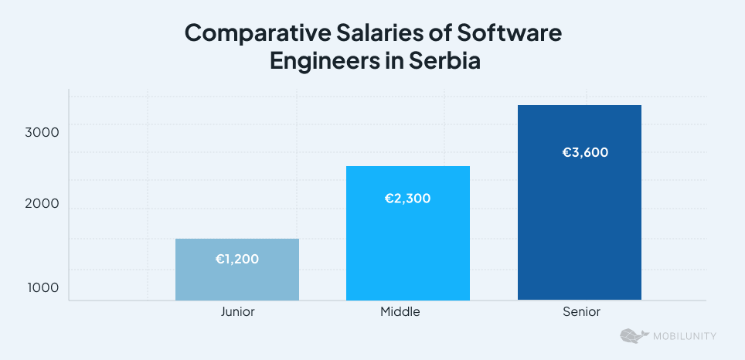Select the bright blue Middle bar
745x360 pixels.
click(407, 247)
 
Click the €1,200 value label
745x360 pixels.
click(236, 259)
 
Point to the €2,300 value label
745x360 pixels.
click(407, 199)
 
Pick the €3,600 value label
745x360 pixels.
click(585, 152)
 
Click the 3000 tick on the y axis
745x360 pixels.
click(42, 133)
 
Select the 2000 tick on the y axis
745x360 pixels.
click(42, 205)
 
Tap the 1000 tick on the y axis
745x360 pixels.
click(43, 287)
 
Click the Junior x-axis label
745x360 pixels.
click(237, 313)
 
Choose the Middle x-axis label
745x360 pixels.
click(400, 313)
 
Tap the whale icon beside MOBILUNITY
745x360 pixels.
click(634, 336)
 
